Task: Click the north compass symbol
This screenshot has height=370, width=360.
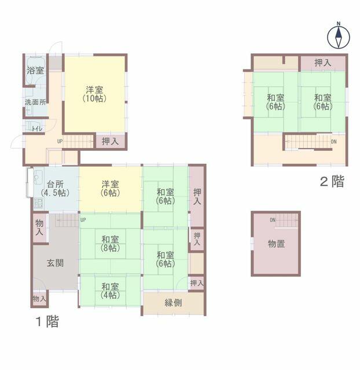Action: tap(339, 36)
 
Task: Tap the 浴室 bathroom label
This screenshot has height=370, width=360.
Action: tap(35, 71)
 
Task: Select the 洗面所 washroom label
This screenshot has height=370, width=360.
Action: tap(35, 102)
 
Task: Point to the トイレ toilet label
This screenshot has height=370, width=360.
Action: tap(37, 129)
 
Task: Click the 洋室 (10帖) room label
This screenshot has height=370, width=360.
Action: tap(94, 94)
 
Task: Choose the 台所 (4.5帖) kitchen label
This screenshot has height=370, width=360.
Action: tap(55, 188)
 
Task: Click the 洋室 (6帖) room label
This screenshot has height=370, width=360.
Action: tap(110, 188)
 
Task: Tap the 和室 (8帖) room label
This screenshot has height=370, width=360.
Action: tap(110, 244)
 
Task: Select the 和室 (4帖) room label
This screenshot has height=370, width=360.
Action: tap(110, 291)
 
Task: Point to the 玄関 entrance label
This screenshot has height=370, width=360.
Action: tap(55, 263)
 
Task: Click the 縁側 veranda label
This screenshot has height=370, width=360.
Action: tap(173, 303)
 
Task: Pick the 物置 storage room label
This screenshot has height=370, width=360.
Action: tap(276, 244)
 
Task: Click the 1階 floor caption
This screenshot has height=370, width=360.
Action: tap(47, 321)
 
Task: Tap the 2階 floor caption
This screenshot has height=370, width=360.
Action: tap(332, 182)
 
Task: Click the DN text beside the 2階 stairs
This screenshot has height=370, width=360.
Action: tap(334, 142)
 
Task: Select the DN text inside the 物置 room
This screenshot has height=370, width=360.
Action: tap(273, 220)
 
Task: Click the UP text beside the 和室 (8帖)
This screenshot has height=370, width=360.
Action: tap(83, 220)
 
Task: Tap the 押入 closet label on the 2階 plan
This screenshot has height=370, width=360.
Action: tap(323, 63)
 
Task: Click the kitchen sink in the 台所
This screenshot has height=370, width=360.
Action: tap(38, 177)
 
